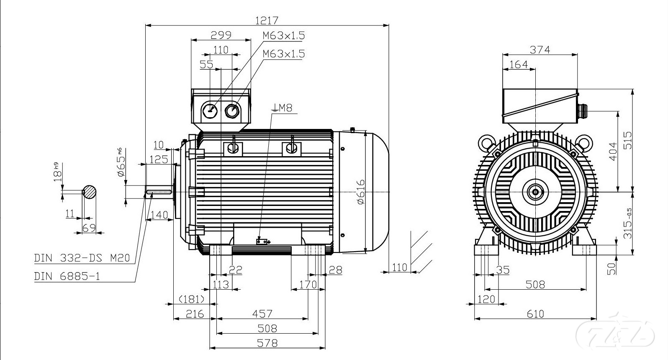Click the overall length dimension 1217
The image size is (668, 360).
pos(267,20)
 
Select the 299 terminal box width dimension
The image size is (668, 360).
pos(221,35)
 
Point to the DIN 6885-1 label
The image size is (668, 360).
pos(67,276)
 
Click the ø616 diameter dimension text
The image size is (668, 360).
pos(361,192)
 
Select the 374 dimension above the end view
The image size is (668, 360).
pos(540,49)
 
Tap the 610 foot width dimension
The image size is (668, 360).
pos(535,314)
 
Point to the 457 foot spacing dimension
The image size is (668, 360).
pos(262,314)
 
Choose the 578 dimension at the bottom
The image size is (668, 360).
pos(267,343)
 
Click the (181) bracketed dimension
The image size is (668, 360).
pos(191,299)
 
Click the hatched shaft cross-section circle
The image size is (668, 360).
pos(90,192)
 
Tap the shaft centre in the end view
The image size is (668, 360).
pos(535,192)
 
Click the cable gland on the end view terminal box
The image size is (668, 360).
pos(581,111)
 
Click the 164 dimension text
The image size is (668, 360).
pos(519,65)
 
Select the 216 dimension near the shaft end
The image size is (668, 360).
pos(195,314)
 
